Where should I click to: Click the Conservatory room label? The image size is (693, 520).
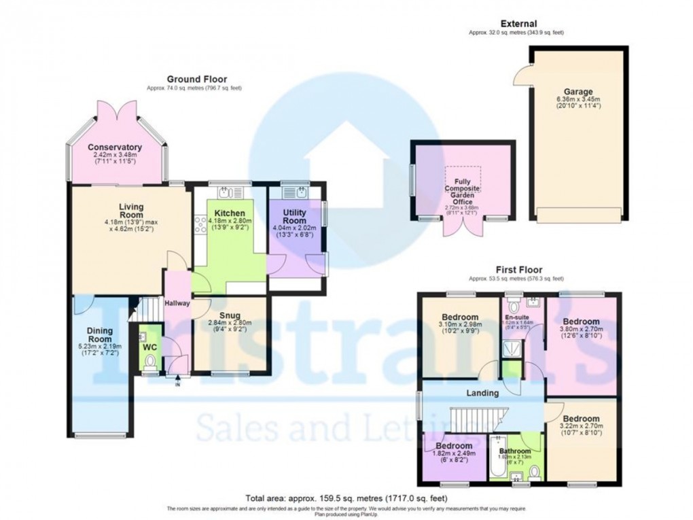click(114, 148)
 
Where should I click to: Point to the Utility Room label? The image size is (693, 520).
click(294, 217)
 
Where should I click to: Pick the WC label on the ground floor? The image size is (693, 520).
click(149, 347)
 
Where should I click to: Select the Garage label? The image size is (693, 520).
click(577, 92)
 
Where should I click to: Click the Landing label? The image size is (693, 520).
click(482, 393)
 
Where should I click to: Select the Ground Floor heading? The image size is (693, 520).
click(197, 79)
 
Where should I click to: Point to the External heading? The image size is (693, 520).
click(518, 24)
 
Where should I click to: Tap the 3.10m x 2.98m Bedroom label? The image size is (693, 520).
click(459, 317)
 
